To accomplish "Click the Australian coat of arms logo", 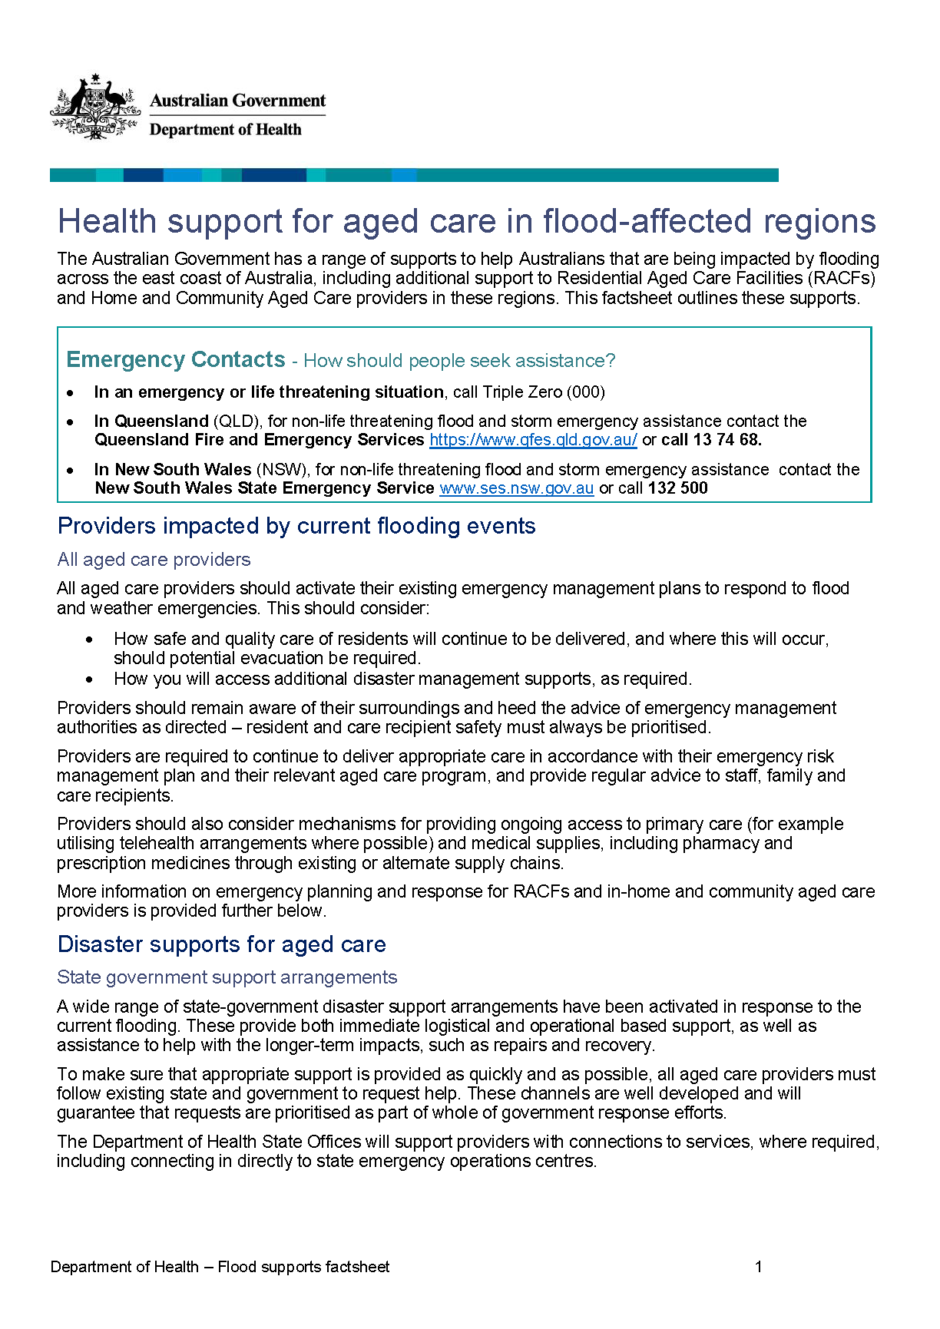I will [x=94, y=107].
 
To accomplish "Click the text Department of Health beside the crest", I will [x=225, y=130].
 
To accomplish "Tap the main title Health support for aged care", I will [x=466, y=221].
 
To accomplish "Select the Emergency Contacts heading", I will [x=176, y=359].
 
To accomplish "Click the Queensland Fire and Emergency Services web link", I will [x=533, y=440].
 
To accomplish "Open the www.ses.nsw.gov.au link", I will [x=516, y=488].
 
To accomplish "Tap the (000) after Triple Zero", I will [x=585, y=392].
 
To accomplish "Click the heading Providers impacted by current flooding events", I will [x=296, y=526].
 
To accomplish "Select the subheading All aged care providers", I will [x=154, y=560].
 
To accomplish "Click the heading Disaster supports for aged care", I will [x=221, y=944].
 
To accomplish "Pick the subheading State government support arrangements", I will [x=227, y=977].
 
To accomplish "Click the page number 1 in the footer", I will [x=758, y=1267].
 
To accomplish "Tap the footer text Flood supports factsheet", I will [x=303, y=1267].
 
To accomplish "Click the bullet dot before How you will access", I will [x=90, y=679].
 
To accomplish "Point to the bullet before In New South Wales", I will [x=71, y=471].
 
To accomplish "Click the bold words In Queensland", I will [x=151, y=422].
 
